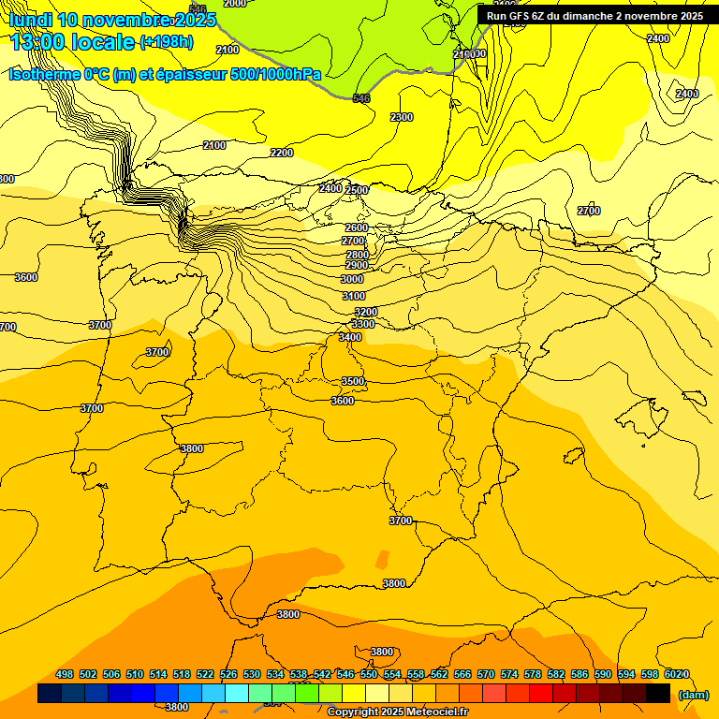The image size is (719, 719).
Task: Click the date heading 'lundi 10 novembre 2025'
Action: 111,20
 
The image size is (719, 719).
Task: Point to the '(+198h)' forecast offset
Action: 166,42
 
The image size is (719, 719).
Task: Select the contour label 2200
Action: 281,153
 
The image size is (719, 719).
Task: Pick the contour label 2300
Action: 401,117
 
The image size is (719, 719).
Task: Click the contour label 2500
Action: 357,190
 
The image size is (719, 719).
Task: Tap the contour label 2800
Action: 357,255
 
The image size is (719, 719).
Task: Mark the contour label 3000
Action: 352,279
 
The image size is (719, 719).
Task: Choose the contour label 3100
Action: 354,296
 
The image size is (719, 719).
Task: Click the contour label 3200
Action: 366,312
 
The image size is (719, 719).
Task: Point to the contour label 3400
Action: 350,337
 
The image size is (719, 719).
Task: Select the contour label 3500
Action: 353,381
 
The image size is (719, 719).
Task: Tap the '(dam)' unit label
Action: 694,694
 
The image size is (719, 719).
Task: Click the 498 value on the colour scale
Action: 65,674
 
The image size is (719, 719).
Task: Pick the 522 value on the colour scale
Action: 205,674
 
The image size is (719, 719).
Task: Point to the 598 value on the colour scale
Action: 650,674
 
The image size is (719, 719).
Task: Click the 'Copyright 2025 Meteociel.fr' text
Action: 397,712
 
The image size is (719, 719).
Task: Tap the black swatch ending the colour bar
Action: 658,694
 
